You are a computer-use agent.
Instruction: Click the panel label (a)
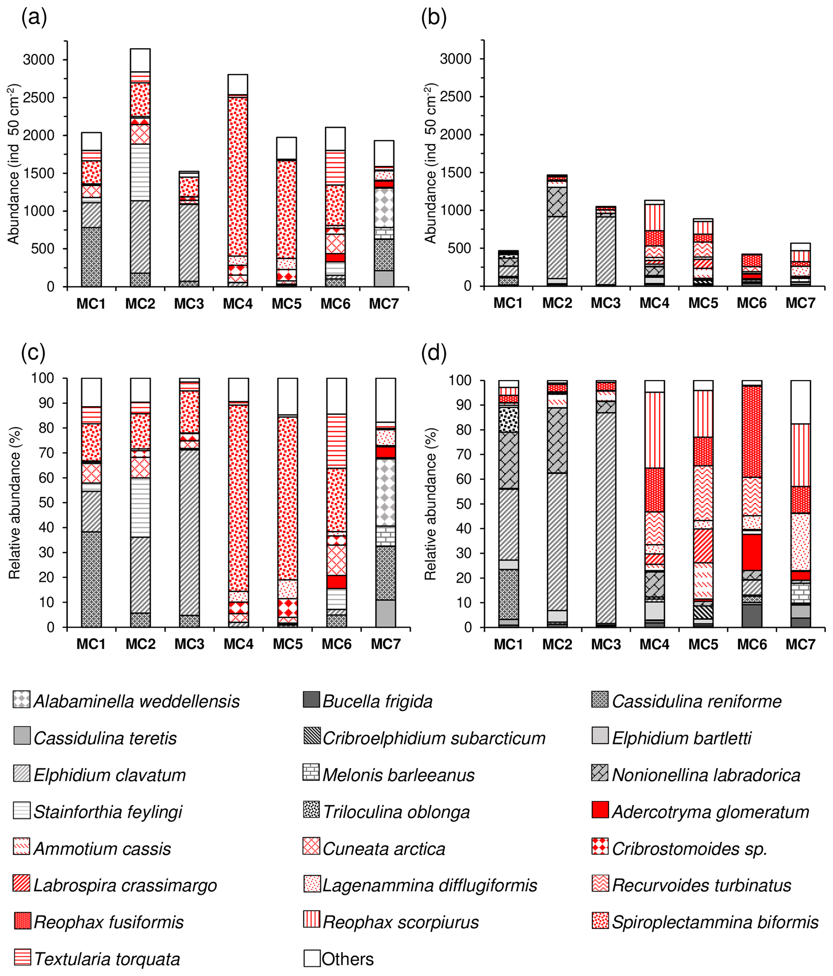pyautogui.click(x=34, y=17)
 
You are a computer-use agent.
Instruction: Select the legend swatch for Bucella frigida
pyautogui.click(x=311, y=699)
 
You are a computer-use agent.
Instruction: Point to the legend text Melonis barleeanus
pyautogui.click(x=398, y=775)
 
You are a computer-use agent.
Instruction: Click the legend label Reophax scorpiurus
pyautogui.click(x=401, y=922)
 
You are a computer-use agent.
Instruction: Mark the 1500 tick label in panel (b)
pyautogui.click(x=456, y=173)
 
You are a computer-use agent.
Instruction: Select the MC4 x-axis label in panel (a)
pyautogui.click(x=238, y=304)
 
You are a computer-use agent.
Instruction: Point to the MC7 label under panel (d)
pyautogui.click(x=800, y=644)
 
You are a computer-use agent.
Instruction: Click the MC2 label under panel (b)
pyautogui.click(x=557, y=303)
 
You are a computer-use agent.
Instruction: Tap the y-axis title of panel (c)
pyautogui.click(x=15, y=502)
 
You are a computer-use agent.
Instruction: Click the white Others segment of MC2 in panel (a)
pyautogui.click(x=140, y=60)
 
